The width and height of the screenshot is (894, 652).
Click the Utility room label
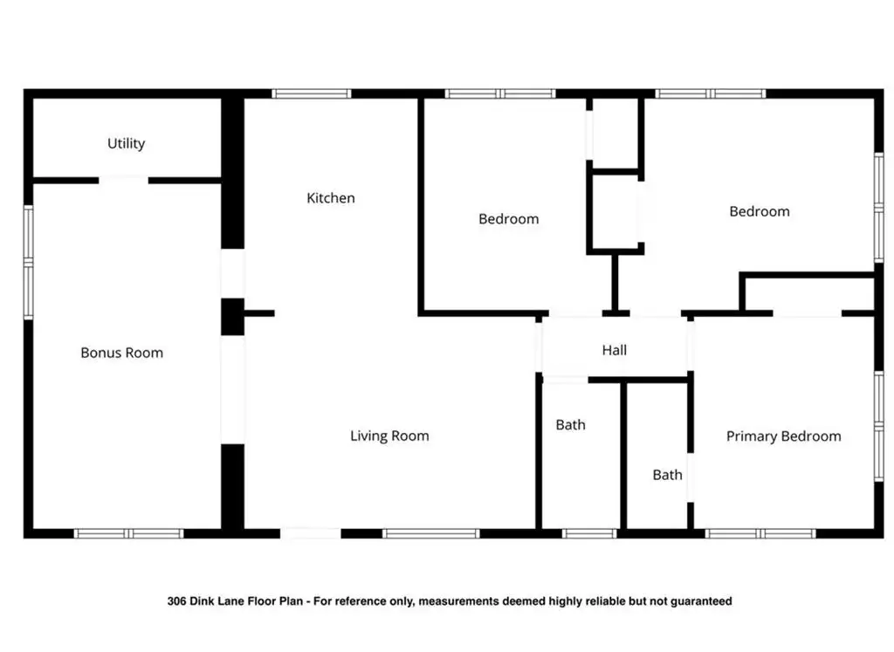126,144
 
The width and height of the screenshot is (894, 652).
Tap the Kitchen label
331,198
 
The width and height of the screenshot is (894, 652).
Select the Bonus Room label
122,353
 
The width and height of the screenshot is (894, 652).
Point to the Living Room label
389,436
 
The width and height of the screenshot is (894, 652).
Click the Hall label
615,350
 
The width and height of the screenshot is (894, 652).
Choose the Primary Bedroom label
783,436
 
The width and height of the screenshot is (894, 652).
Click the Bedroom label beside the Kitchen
509,219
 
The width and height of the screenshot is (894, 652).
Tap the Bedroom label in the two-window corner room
760,211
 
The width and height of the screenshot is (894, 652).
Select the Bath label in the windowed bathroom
571,424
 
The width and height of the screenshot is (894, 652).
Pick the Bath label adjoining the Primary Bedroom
668,475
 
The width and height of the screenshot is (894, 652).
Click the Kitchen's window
312,93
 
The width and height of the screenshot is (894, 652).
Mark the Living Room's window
430,533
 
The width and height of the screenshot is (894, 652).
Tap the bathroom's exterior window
589,533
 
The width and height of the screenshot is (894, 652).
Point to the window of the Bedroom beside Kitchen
500,93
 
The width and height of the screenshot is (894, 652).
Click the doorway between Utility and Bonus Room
124,180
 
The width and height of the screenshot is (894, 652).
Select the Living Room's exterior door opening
311,533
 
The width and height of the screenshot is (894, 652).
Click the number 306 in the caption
176,601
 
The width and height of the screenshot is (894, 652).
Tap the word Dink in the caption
202,601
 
